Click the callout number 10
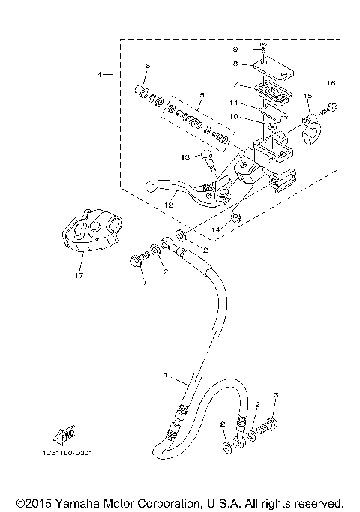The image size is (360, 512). pyautogui.click(x=234, y=116)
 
